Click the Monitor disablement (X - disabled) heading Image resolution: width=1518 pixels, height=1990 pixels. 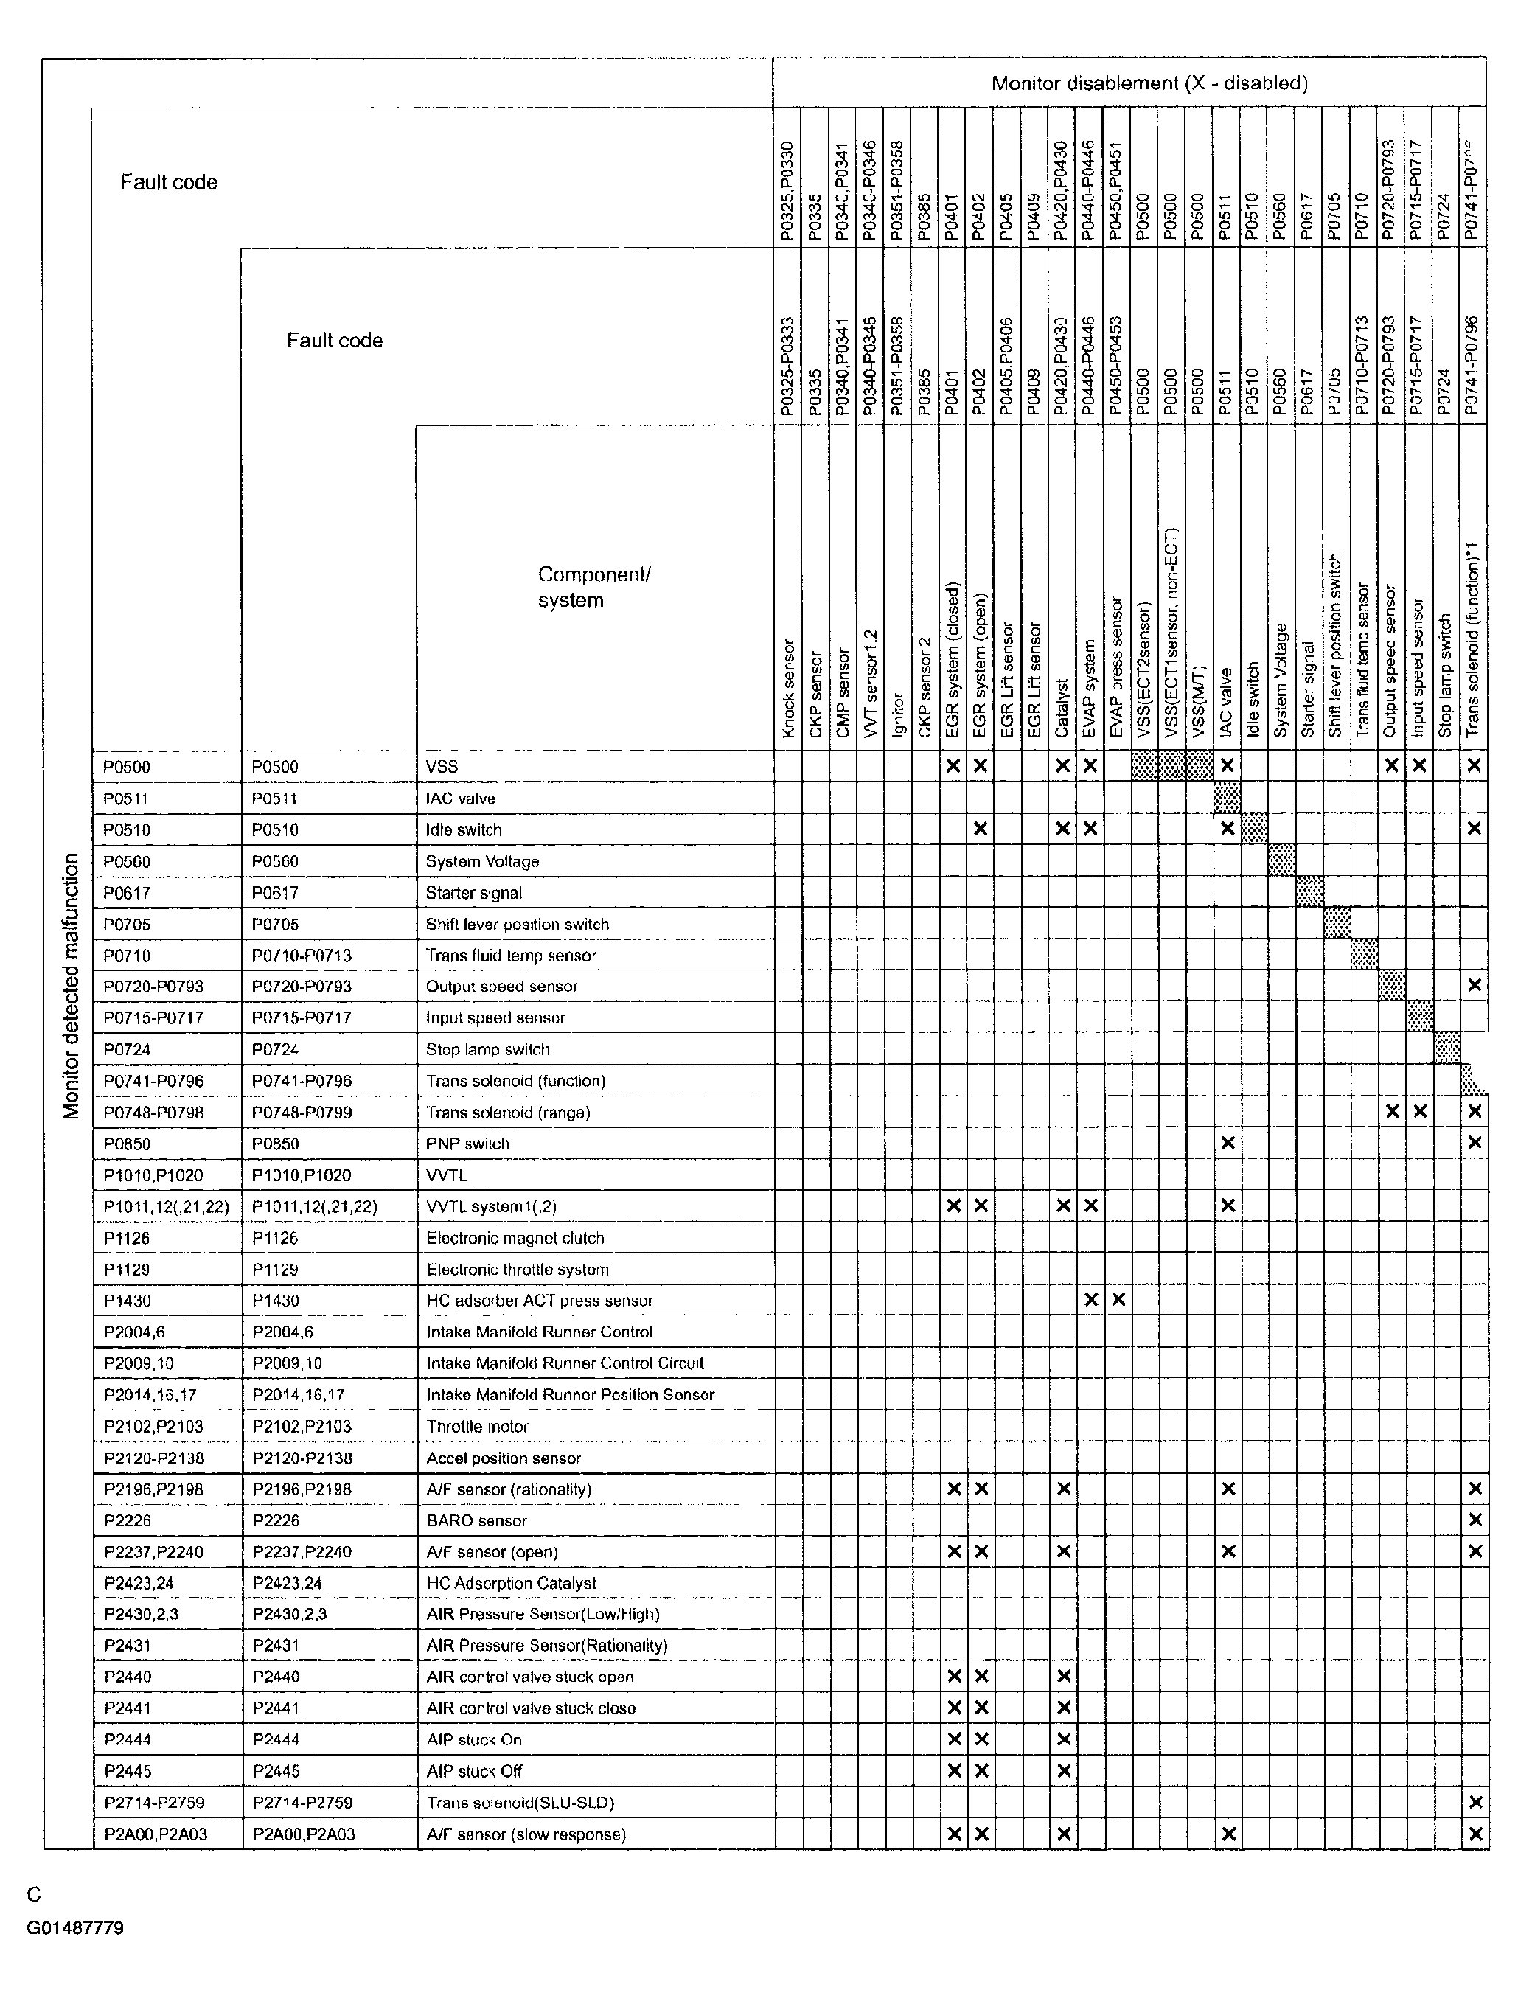[1149, 84]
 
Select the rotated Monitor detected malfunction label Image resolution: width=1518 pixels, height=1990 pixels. [72, 986]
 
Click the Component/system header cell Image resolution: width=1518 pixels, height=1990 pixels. [593, 588]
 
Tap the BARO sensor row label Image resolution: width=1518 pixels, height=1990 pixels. [476, 1521]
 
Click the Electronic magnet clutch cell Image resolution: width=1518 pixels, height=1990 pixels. [515, 1238]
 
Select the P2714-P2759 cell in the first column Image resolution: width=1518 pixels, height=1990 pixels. [153, 1803]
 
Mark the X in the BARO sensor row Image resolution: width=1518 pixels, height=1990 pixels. [1475, 1520]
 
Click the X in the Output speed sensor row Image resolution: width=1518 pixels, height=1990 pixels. [1475, 985]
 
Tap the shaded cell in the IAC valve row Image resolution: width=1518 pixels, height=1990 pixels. [1227, 798]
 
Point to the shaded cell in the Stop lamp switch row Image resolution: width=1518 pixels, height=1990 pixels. [1447, 1048]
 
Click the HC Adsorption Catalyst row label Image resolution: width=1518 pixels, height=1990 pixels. [510, 1583]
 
